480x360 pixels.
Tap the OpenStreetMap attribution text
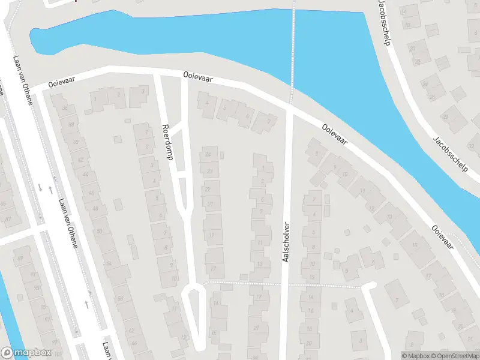(x=454, y=356)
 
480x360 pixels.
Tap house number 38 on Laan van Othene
(x=71, y=125)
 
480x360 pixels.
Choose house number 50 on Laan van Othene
(x=99, y=230)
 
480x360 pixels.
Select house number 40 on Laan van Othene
(x=75, y=142)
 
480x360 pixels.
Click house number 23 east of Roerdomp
(x=209, y=171)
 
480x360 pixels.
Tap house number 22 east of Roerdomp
(x=208, y=190)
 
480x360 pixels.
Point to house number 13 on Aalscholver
(x=259, y=263)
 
